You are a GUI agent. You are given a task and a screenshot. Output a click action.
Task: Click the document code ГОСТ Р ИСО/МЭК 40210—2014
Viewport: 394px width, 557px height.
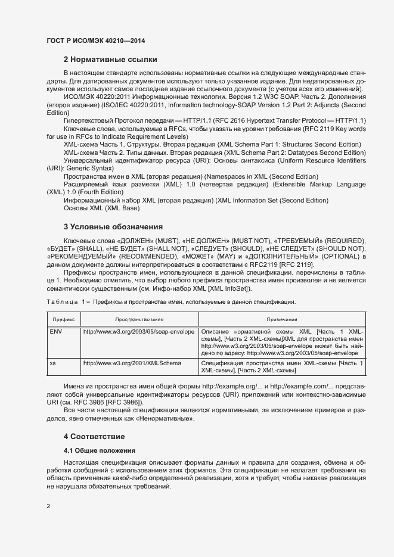pyautogui.click(x=96, y=41)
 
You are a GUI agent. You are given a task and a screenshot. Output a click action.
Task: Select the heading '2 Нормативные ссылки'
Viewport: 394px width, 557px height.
pyautogui.click(x=110, y=60)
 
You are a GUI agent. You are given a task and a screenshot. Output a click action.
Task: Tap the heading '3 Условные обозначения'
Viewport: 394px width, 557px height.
pyautogui.click(x=113, y=227)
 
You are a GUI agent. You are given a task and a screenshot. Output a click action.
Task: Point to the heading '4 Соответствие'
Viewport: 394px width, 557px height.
pyautogui.click(x=94, y=437)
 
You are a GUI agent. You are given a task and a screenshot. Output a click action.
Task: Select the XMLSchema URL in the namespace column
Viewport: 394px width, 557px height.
pyautogui.click(x=124, y=362)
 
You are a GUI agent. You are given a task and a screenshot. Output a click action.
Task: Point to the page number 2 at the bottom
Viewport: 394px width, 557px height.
pyautogui.click(x=48, y=506)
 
